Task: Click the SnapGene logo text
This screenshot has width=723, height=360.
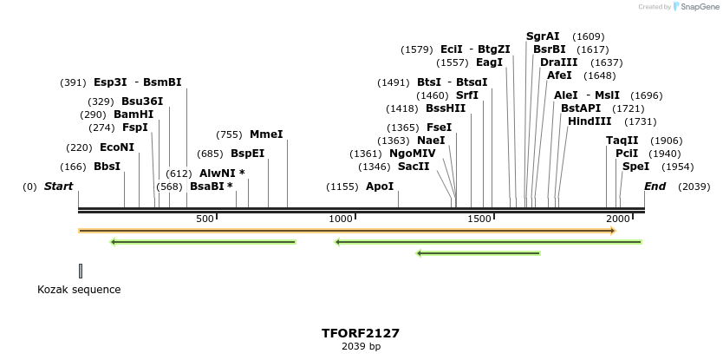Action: [x=700, y=7]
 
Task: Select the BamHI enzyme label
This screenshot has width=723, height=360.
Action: [x=133, y=115]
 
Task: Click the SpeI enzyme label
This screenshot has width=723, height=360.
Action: [x=635, y=167]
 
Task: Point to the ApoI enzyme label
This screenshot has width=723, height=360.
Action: [x=379, y=187]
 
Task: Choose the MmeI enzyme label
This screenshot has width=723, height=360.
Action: [x=266, y=134]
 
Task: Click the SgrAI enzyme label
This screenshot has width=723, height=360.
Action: [x=543, y=36]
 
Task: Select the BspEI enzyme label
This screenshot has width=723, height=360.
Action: [x=247, y=154]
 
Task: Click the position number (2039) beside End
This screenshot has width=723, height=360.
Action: [x=694, y=187]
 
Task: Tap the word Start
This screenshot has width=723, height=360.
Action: [x=58, y=187]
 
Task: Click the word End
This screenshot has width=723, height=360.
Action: [x=655, y=187]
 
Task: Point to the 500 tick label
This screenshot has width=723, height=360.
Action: [x=205, y=219]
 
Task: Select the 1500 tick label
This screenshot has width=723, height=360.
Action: [x=479, y=219]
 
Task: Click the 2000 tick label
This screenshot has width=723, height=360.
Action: [x=617, y=219]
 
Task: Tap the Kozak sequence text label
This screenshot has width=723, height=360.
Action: [x=79, y=290]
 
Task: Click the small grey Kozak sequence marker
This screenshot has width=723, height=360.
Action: [x=81, y=271]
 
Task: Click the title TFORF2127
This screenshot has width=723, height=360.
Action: [x=361, y=333]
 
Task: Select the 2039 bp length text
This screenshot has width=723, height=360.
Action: [x=361, y=347]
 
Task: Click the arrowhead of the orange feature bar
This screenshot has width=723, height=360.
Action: [x=612, y=231]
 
